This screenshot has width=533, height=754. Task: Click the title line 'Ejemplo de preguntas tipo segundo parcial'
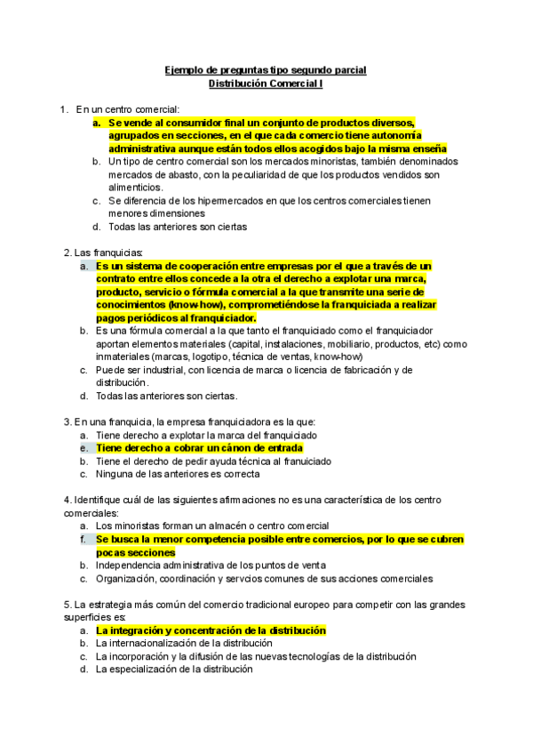[x=266, y=69]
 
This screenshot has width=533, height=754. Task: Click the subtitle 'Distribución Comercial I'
[x=266, y=84]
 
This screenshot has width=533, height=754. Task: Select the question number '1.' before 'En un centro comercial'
[x=64, y=108]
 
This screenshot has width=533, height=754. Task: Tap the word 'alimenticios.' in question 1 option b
[x=136, y=188]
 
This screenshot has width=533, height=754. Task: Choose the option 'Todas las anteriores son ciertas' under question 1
[x=178, y=227]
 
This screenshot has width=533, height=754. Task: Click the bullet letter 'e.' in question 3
[x=83, y=449]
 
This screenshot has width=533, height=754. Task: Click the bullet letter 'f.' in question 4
[x=83, y=540]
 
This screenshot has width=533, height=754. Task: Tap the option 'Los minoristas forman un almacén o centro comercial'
[x=212, y=526]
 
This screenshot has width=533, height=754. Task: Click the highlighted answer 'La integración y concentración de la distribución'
[x=211, y=630]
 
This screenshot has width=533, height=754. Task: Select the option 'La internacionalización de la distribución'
[x=184, y=643]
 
